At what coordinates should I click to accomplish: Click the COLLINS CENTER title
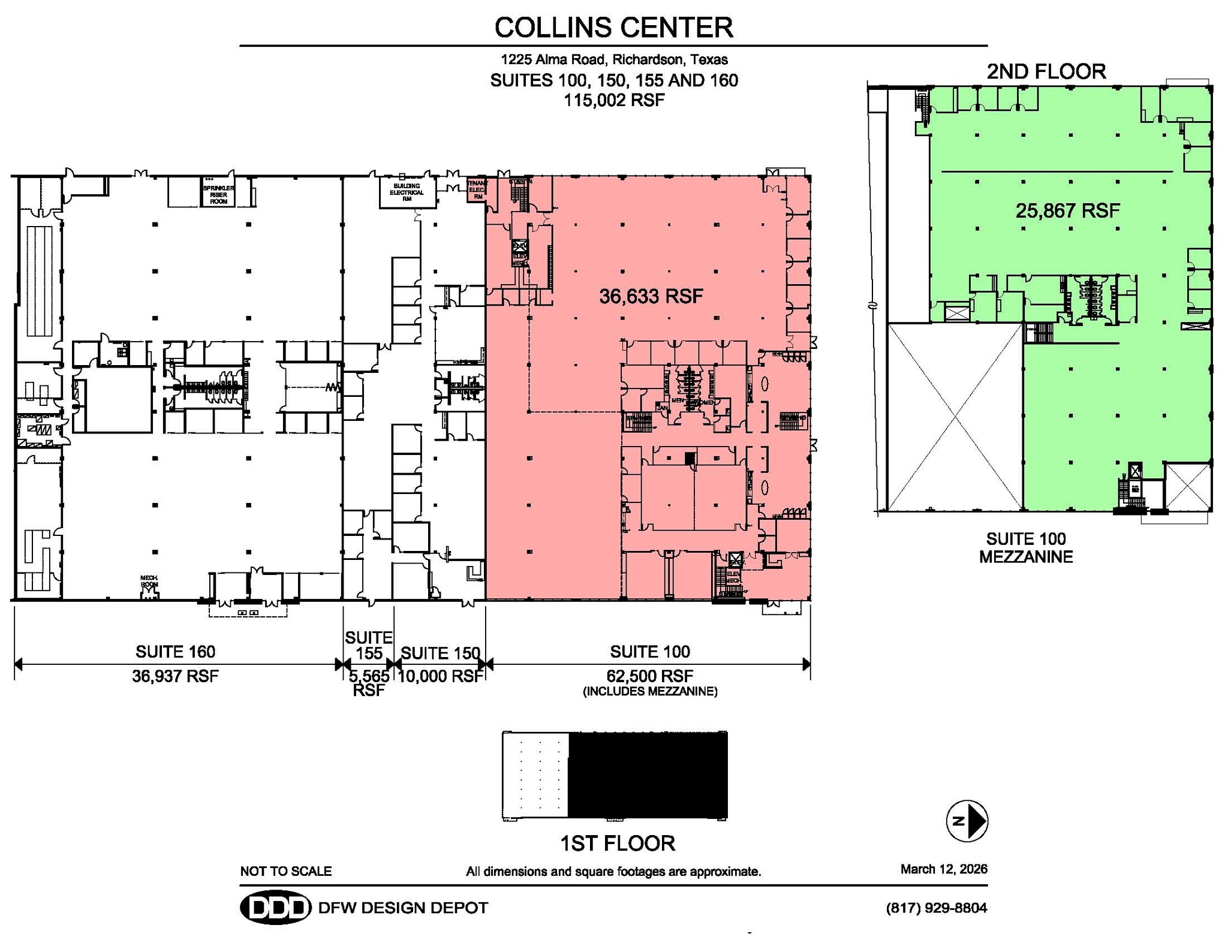click(x=613, y=28)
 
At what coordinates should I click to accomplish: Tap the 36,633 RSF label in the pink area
click(x=651, y=296)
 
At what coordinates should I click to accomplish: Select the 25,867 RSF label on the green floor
click(x=1067, y=210)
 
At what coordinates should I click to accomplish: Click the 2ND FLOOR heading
click(x=1046, y=72)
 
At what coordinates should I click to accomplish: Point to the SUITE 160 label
click(x=175, y=652)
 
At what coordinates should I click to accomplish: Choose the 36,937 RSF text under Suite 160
click(x=175, y=676)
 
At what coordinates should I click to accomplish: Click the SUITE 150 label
click(x=440, y=653)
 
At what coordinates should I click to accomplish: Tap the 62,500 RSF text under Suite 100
click(x=650, y=676)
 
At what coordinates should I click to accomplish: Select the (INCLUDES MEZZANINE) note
click(x=650, y=691)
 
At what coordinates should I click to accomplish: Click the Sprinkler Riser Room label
click(x=218, y=194)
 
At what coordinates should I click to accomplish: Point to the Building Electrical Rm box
click(x=407, y=192)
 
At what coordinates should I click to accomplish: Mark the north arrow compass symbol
click(x=967, y=821)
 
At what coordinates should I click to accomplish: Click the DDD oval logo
click(x=275, y=908)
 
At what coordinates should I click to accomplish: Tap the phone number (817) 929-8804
click(x=936, y=908)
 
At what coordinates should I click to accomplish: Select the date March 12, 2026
click(x=943, y=869)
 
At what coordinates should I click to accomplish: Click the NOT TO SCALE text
click(x=285, y=871)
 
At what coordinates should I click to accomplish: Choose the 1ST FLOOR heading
click(x=617, y=843)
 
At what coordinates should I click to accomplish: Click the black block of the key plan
click(x=648, y=775)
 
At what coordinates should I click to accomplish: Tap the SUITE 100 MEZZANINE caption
click(x=1025, y=547)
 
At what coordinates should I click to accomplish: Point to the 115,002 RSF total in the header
click(x=613, y=100)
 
